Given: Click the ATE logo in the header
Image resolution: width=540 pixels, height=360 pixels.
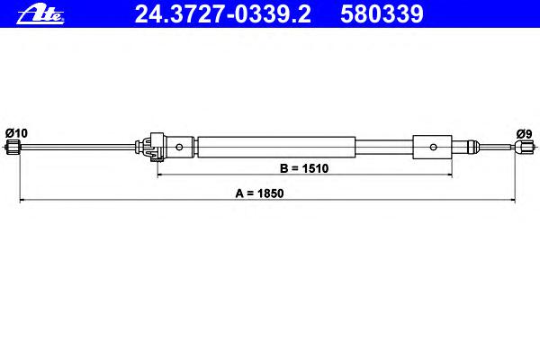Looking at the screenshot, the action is [40, 15].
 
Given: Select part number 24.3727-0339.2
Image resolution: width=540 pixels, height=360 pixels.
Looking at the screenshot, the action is [223, 14].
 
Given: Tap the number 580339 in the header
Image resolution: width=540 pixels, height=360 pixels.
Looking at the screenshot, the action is [382, 14].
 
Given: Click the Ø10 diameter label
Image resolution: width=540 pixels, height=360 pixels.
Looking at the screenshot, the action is [16, 133].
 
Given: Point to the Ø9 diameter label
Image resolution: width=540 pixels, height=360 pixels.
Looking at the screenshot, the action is [524, 134].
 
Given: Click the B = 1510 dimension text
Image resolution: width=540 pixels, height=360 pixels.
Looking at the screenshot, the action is [304, 168].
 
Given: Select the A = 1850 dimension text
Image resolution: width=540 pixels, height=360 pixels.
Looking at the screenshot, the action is [259, 193].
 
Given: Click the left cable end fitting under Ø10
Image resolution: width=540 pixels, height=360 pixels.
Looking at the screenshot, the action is [13, 147].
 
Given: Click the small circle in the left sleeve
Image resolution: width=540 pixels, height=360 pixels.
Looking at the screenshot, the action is [179, 147].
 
